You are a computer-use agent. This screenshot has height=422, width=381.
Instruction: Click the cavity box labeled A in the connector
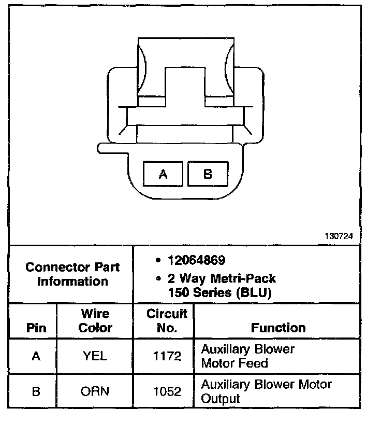pos(163,174)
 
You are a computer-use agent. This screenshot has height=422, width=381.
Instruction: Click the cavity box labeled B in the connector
pos(208,174)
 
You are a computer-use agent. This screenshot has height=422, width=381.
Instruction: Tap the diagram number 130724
pos(339,235)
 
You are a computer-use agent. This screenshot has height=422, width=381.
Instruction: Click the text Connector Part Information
pos(72,274)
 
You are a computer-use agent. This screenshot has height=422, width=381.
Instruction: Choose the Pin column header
pos(36,328)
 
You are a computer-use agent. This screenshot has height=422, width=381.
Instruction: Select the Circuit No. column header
pos(167,321)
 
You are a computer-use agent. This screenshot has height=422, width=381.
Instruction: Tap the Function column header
pos(278,328)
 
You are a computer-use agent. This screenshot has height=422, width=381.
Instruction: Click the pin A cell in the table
pos(36,357)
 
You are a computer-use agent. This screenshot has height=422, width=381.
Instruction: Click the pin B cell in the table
pos(36,391)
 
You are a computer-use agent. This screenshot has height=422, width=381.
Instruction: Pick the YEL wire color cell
pos(95,357)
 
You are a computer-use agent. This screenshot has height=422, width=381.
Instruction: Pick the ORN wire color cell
pos(95,391)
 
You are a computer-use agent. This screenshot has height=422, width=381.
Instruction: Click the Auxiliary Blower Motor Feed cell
pos(247,356)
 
